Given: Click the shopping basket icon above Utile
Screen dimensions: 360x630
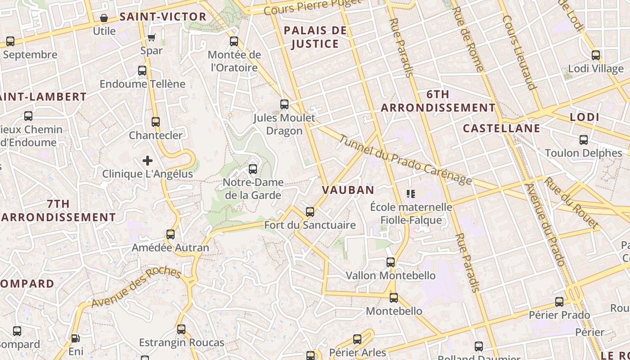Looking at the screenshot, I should (x=104, y=18).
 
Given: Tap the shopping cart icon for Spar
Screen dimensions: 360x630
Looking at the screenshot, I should (x=152, y=37).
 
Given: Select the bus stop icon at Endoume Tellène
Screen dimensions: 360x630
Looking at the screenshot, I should (x=142, y=71).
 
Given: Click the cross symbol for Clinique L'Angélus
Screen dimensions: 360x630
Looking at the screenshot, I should (x=148, y=161).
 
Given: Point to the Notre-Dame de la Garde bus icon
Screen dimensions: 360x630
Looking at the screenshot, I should (x=253, y=169).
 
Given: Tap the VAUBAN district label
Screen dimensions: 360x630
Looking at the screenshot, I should (x=348, y=190).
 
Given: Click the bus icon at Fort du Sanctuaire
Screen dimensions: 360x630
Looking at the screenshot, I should (x=310, y=212).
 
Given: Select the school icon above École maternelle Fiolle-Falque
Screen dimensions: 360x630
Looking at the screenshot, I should (x=410, y=194).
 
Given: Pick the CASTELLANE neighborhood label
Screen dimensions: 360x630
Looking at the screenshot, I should (x=501, y=128).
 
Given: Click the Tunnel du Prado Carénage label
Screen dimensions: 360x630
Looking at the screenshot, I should (x=405, y=160).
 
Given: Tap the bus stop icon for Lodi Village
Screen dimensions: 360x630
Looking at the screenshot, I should (x=596, y=55).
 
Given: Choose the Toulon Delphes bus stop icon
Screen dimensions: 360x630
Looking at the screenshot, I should (x=584, y=139).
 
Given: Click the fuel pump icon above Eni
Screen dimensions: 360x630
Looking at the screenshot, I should (x=75, y=338).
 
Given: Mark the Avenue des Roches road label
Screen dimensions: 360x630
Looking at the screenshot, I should (x=136, y=288).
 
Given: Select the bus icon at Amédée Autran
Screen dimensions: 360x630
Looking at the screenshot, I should (x=171, y=234).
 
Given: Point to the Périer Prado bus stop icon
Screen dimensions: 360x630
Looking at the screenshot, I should (x=559, y=302).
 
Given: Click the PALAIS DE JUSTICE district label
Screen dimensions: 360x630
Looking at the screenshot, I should (x=315, y=37).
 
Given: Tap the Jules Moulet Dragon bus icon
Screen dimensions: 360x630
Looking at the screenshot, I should (x=284, y=104).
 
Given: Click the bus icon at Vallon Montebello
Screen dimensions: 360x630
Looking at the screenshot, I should (x=391, y=262).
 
